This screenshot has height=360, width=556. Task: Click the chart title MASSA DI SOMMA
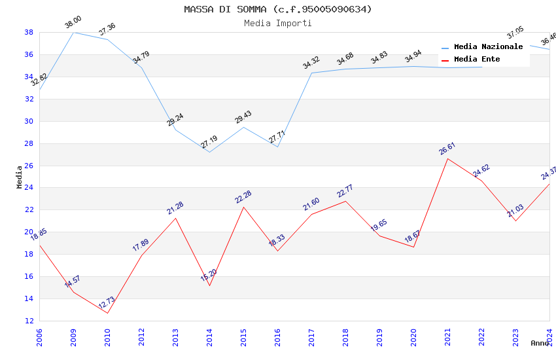pyautogui.click(x=277, y=9)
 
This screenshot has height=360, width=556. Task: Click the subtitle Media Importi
pyautogui.click(x=277, y=23)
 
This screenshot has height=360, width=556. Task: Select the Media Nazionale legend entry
pyautogui.click(x=488, y=46)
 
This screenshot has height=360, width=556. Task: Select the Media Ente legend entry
pyautogui.click(x=476, y=59)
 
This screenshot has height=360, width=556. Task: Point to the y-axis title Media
pyautogui.click(x=20, y=177)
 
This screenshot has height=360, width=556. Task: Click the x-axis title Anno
pyautogui.click(x=540, y=343)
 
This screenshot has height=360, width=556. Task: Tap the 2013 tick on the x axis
pyautogui.click(x=175, y=335)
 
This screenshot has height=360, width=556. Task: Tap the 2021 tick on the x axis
pyautogui.click(x=447, y=335)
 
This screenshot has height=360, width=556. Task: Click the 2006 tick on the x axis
pyautogui.click(x=39, y=335)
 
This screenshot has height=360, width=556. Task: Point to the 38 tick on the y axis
pyautogui.click(x=29, y=32)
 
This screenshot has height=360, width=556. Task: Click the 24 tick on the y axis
pyautogui.click(x=29, y=188)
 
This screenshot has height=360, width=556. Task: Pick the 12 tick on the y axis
pyautogui.click(x=29, y=321)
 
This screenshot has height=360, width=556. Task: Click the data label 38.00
pyautogui.click(x=73, y=23)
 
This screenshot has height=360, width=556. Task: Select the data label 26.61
pyautogui.click(x=447, y=149)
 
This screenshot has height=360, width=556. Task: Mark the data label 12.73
pyautogui.click(x=107, y=303)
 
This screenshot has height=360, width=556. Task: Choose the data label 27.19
pyautogui.click(x=209, y=142)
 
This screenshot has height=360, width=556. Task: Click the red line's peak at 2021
pyautogui.click(x=447, y=158)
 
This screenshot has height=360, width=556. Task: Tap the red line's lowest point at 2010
pyautogui.click(x=107, y=313)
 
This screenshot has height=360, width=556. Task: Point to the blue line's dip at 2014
pyautogui.click(x=209, y=153)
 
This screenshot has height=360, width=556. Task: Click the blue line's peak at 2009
pyautogui.click(x=73, y=32)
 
